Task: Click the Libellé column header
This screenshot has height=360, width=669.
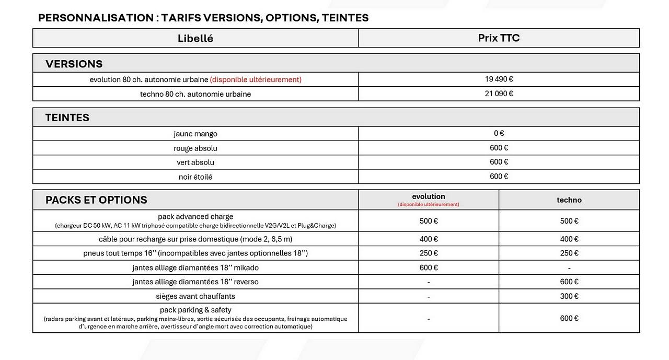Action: pos(195,38)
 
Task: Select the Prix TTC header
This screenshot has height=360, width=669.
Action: pos(499,38)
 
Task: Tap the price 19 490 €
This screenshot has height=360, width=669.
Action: pos(499,79)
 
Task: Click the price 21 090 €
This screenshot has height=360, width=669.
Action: pos(499,94)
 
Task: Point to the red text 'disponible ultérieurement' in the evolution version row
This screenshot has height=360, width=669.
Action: pos(256,80)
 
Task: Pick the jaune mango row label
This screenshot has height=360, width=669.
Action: pos(195,134)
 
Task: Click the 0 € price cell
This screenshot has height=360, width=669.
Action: pos(499,134)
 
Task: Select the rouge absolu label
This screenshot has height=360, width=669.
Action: pos(195,148)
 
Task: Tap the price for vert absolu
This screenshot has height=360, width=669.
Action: pos(499,162)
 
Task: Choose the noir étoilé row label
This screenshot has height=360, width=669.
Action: pos(195,177)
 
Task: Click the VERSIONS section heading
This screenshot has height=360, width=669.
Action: pos(74,64)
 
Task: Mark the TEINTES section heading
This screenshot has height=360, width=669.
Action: pos(67,118)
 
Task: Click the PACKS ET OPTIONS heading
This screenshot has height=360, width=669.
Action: pos(96,200)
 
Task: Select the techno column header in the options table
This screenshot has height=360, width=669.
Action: pos(569,200)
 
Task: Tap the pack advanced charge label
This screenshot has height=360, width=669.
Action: pos(195,216)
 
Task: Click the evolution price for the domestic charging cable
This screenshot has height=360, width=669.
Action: pos(429,239)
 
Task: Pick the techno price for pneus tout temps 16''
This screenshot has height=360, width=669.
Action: pos(569,253)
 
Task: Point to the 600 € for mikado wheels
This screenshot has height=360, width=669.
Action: pos(429,268)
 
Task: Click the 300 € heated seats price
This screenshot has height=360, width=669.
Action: pos(569,296)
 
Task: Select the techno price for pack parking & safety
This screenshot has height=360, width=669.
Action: pos(569,318)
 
